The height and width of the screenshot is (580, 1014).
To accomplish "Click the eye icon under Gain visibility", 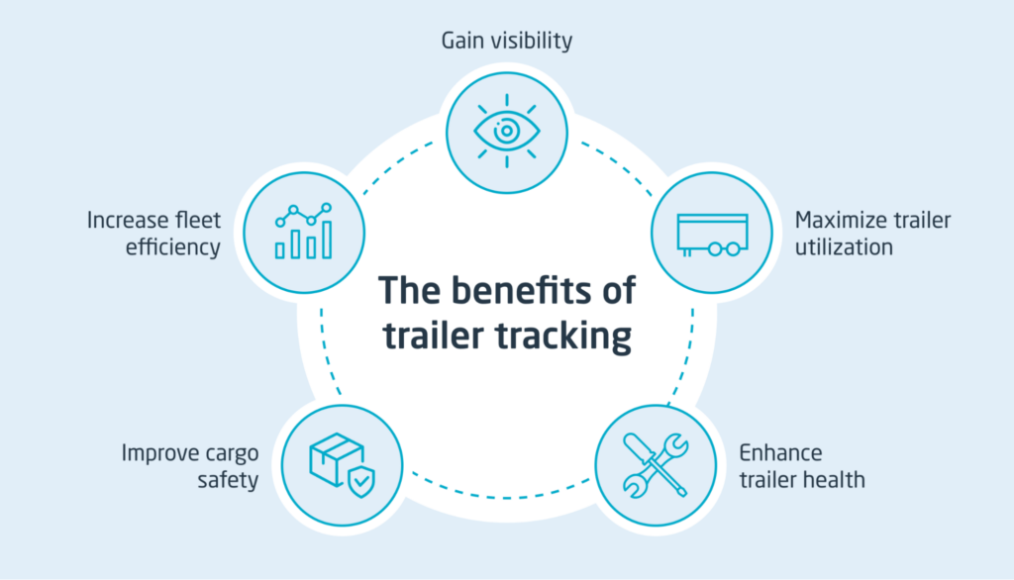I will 506,130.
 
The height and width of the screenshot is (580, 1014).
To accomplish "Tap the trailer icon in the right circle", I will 711,234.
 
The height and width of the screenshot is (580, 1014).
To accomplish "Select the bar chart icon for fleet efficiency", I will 303,232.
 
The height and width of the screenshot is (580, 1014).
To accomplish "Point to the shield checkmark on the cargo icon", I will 361,481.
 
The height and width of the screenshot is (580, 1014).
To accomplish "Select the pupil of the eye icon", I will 506,130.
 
